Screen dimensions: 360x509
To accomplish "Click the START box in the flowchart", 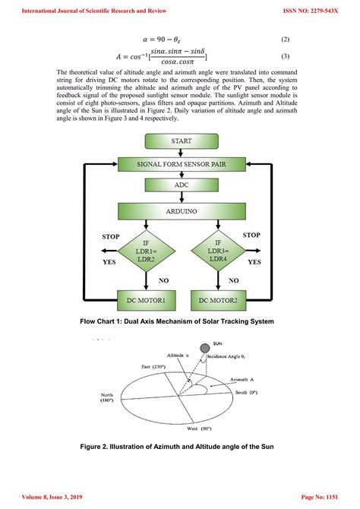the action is (181, 141).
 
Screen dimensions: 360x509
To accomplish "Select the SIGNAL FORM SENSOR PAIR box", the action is (181, 163).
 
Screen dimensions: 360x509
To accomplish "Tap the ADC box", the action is (181, 185).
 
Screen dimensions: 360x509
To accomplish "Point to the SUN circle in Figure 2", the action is (205, 348).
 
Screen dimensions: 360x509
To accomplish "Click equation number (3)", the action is (285, 56).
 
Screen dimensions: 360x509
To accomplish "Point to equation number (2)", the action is (285, 38).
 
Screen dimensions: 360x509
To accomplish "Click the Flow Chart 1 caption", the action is (177, 321).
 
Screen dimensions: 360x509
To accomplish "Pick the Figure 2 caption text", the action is (177, 447).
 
